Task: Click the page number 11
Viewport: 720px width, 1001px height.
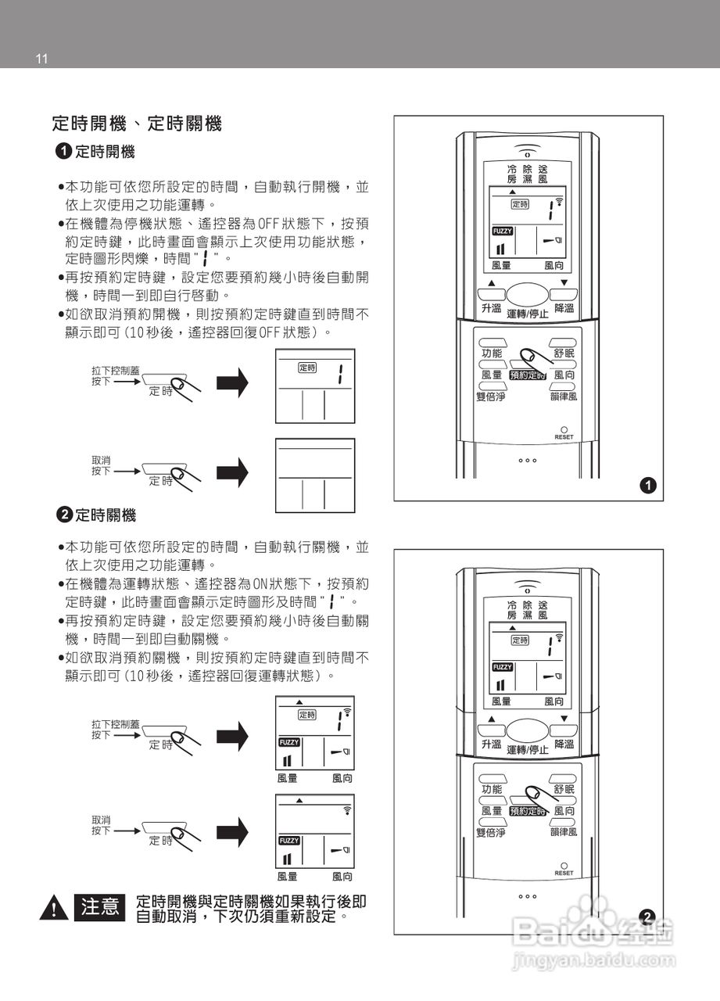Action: [x=41, y=59]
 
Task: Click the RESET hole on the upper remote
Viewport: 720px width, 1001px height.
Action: [x=564, y=430]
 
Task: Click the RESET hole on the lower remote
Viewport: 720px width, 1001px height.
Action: [x=564, y=866]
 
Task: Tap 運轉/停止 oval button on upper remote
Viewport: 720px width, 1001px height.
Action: [x=528, y=294]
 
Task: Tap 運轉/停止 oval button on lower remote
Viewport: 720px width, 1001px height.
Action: [x=528, y=730]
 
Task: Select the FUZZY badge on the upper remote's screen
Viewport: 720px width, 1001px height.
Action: [x=503, y=231]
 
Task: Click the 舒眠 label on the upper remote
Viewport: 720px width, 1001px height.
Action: [x=564, y=353]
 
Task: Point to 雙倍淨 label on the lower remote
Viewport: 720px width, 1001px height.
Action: [x=491, y=832]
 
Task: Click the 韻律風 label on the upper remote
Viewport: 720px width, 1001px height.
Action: [x=564, y=396]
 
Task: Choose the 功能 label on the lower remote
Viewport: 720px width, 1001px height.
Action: [x=492, y=789]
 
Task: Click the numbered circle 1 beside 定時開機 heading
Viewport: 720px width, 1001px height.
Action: [x=64, y=151]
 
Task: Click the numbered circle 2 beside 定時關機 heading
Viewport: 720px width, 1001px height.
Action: [x=64, y=515]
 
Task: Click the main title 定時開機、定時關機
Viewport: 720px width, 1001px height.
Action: [x=137, y=124]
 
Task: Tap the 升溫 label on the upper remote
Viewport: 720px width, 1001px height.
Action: [x=491, y=308]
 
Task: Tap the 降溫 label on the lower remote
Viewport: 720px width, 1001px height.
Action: [x=564, y=744]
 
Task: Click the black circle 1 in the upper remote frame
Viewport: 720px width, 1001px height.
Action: [x=648, y=486]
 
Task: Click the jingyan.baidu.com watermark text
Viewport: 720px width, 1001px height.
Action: [x=593, y=960]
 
